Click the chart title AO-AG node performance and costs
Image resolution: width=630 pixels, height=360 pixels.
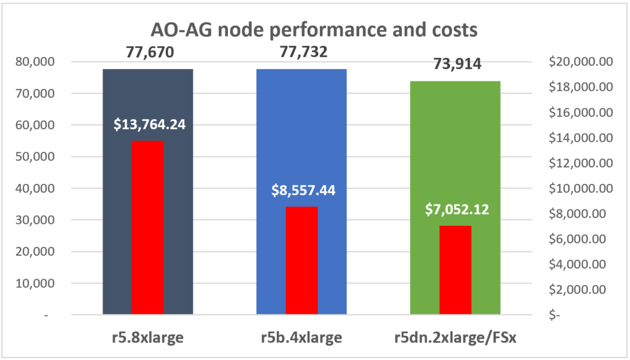pos(315,30)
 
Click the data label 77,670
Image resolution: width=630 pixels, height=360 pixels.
pos(149,52)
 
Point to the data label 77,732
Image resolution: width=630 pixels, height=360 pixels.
pos(303,52)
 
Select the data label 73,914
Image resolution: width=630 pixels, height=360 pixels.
pos(457,64)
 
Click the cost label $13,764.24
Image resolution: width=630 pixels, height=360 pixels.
pos(150,124)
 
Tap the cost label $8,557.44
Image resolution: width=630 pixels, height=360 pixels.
pos(303,190)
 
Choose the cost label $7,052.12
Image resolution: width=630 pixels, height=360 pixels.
pos(457,209)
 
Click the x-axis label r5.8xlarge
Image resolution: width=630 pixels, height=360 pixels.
pos(148,338)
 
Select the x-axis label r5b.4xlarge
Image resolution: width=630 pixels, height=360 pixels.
pos(303,338)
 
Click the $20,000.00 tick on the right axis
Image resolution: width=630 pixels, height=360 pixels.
pos(581,62)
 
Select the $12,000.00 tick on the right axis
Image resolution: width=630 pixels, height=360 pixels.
pos(581,163)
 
